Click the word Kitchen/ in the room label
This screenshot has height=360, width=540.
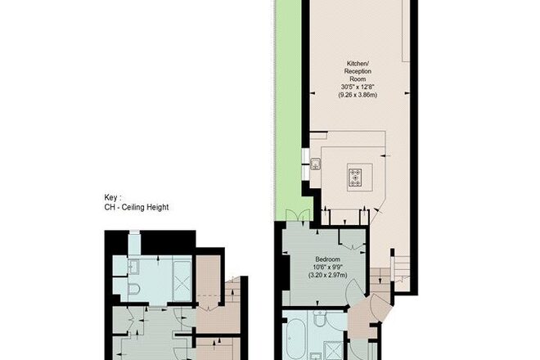pos(358,64)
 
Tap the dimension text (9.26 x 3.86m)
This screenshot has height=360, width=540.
pos(358,95)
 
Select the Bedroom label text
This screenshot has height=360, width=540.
pos(328,259)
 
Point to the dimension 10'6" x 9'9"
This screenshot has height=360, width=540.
pos(328,267)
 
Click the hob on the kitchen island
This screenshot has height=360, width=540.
pos(355,177)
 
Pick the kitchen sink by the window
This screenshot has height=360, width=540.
pos(316,164)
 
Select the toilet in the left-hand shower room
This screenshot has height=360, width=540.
pos(133,288)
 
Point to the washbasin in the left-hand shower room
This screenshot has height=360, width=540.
pos(133,267)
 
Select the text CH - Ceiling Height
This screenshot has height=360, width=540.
pos(137,207)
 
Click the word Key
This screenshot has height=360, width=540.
pos(111,198)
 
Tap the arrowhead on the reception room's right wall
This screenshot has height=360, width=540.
pos(407,93)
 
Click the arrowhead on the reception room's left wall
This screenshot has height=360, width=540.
pos(313,93)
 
